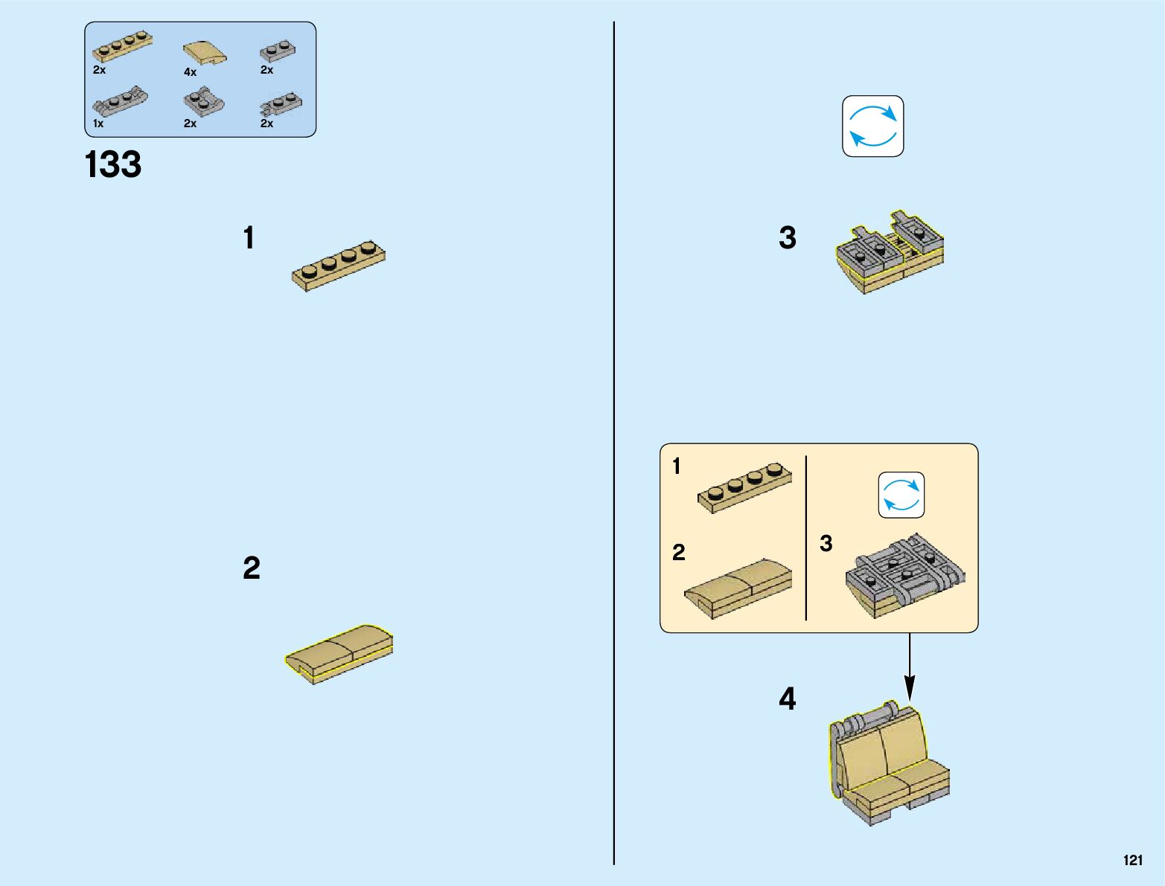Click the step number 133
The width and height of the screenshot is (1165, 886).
click(x=113, y=164)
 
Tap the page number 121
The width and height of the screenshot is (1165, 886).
click(x=1132, y=860)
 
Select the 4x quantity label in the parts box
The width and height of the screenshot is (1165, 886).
click(x=190, y=72)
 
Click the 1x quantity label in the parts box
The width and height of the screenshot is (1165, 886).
click(x=98, y=123)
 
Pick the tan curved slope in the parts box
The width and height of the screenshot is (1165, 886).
click(x=205, y=53)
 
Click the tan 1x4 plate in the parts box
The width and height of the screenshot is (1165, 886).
click(x=122, y=48)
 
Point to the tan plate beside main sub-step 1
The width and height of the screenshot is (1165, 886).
click(x=339, y=266)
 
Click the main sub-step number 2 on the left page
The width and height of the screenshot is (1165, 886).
click(x=252, y=568)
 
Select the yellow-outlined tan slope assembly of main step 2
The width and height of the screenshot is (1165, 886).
click(x=339, y=653)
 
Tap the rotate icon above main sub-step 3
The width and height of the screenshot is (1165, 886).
click(x=872, y=126)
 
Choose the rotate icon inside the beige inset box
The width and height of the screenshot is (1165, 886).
click(x=901, y=495)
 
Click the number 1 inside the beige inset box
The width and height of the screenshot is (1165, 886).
click(x=676, y=466)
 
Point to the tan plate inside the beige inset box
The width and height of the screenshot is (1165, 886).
click(x=744, y=487)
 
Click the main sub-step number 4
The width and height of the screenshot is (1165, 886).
click(x=787, y=699)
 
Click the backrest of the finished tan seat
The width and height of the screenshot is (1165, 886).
click(x=883, y=748)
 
